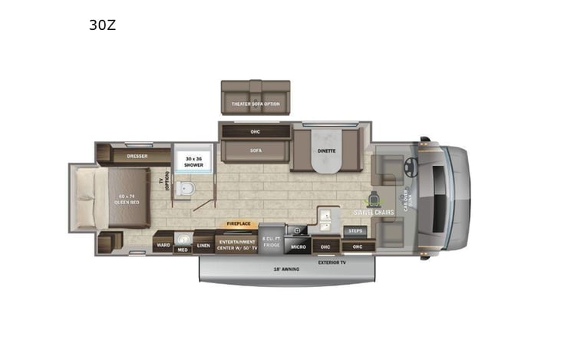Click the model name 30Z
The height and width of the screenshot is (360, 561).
tap(103, 25)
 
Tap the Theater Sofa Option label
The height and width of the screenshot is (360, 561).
tap(256, 104)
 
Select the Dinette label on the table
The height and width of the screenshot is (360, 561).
tap(326, 151)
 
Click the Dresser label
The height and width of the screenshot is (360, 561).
tap(137, 156)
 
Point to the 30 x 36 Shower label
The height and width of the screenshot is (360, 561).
tap(192, 161)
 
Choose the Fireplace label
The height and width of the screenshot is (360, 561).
tap(238, 223)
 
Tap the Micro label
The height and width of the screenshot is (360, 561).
tap(299, 246)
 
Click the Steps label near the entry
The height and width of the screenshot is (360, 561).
tap(355, 230)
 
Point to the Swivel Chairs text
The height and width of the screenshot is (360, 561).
tap(374, 212)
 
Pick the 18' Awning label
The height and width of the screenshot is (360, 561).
tap(286, 269)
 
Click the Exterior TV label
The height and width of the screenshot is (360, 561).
tap(332, 262)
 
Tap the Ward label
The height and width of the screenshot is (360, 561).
tap(163, 246)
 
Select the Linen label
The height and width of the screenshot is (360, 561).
tap(203, 246)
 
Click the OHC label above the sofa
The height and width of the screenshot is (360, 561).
tap(256, 131)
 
